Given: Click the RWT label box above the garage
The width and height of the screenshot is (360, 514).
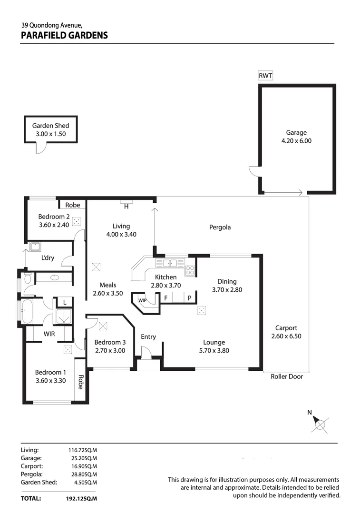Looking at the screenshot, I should click(265, 76).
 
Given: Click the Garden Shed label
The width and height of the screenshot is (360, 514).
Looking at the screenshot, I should click(50, 126).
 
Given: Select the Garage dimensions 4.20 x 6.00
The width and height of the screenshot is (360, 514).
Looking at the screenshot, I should click(296, 141).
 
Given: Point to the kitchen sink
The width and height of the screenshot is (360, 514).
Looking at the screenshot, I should click(170, 263).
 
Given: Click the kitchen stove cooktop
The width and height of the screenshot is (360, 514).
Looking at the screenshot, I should click(190, 270).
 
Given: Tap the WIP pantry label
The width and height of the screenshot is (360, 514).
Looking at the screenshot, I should click(142, 300).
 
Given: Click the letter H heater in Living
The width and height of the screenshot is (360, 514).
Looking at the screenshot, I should click(126, 207).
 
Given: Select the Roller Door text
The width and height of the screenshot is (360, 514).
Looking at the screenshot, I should click(287, 376).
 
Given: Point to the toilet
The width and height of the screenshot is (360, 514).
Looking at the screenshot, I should click(27, 278).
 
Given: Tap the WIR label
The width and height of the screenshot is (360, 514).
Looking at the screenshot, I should click(49, 334).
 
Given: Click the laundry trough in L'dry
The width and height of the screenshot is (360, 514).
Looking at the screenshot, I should click(35, 247).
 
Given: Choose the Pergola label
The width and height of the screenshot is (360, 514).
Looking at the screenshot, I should click(220, 227).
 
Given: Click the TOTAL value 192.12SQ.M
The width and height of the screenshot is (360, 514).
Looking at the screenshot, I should click(81, 499).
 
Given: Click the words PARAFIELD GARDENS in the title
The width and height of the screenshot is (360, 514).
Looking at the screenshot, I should click(64, 35).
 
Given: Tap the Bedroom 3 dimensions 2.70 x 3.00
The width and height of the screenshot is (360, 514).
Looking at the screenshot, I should click(110, 351).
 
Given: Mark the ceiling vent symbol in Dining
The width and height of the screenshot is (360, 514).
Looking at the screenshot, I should click(201, 311).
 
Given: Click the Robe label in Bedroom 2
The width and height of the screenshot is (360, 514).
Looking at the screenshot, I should click(73, 205).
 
